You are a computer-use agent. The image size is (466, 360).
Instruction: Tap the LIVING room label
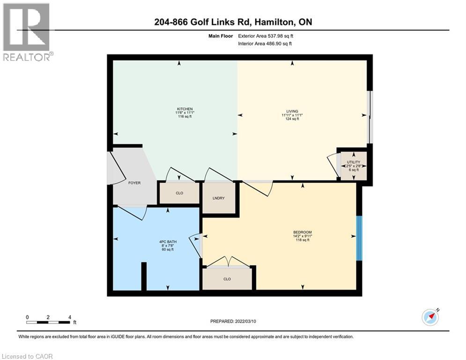tap(292, 111)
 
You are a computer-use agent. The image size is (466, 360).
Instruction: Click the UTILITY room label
tap(353, 162)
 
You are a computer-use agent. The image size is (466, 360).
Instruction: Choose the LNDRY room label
tap(218, 198)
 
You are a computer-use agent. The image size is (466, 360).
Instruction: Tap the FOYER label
tap(134, 183)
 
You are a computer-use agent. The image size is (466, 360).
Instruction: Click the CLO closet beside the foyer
tap(179, 193)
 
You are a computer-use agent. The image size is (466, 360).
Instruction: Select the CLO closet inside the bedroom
tap(227, 279)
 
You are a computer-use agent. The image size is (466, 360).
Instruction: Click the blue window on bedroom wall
tap(359, 238)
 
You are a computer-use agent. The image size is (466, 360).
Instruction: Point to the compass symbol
tap(430, 317)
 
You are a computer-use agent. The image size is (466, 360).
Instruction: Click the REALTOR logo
tap(27, 32)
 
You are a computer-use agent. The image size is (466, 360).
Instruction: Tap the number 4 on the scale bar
tap(69, 317)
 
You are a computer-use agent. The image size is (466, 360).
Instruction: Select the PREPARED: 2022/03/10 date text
tap(233, 321)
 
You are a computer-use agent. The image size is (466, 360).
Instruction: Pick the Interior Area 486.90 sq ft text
tap(266, 44)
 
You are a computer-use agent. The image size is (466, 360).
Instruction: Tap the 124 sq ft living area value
tap(292, 119)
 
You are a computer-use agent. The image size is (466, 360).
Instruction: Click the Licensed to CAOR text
tap(28, 356)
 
